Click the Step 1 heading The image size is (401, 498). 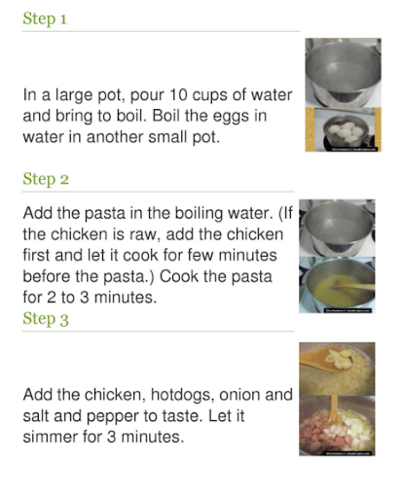tap(45, 18)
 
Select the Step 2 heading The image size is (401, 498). tap(46, 179)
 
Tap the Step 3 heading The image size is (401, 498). tap(46, 319)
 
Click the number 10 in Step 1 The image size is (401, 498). tap(177, 94)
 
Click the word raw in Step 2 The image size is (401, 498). tap(144, 234)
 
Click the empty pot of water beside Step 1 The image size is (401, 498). tap(343, 72)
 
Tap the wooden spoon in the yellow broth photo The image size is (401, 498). tap(352, 286)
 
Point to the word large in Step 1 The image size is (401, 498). tap(69, 96)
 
